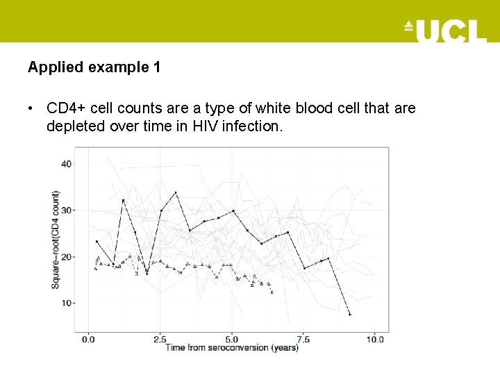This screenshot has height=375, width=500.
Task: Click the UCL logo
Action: (445, 30)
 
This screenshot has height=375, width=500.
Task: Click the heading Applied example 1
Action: (94, 67)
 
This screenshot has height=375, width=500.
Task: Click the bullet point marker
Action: (31, 109)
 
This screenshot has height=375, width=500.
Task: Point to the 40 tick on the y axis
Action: (66, 164)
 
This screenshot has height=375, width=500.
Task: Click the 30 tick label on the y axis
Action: (66, 210)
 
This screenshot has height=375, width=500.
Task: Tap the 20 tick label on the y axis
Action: (66, 257)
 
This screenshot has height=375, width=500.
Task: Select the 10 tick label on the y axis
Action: (66, 303)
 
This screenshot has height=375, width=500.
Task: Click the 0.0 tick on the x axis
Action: (88, 339)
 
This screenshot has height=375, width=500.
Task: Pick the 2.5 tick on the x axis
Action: (160, 339)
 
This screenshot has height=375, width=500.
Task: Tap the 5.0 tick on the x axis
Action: (232, 339)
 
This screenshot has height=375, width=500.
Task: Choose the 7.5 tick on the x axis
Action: (303, 339)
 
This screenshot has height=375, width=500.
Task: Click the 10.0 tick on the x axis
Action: (375, 339)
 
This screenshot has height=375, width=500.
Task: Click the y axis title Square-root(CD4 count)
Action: (55, 240)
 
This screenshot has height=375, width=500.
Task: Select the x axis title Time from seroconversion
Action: (231, 347)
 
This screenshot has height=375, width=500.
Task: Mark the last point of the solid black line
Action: (350, 315)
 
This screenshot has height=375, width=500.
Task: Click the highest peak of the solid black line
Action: (176, 192)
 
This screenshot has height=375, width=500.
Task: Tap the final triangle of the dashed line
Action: (272, 292)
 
